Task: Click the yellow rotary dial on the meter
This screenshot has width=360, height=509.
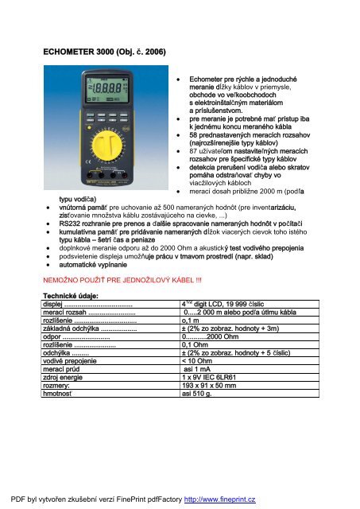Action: point(121,150)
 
